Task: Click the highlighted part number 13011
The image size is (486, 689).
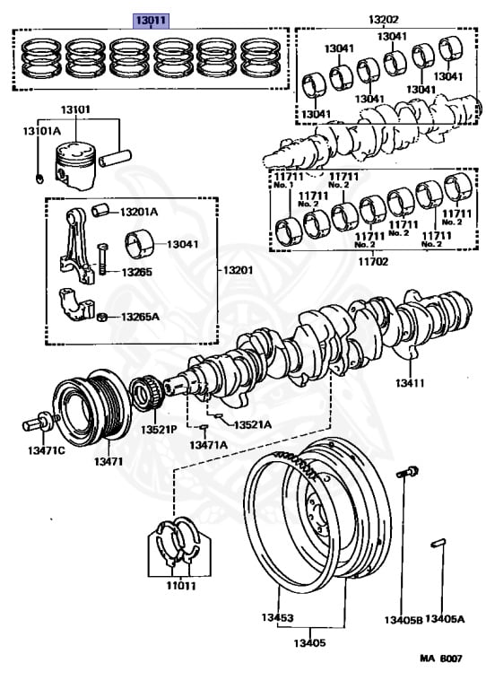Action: pyautogui.click(x=151, y=21)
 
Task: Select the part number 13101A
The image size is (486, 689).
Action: pyautogui.click(x=42, y=131)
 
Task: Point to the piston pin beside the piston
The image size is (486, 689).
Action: pyautogui.click(x=116, y=158)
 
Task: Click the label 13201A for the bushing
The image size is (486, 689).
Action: pyautogui.click(x=139, y=212)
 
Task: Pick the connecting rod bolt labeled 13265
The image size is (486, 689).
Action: pyautogui.click(x=102, y=258)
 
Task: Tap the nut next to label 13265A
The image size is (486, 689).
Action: pyautogui.click(x=102, y=317)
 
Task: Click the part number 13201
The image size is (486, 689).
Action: pyautogui.click(x=238, y=270)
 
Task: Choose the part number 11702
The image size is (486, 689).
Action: pyautogui.click(x=373, y=261)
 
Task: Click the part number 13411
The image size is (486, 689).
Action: pyautogui.click(x=410, y=383)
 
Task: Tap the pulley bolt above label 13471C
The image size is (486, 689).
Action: pyautogui.click(x=40, y=422)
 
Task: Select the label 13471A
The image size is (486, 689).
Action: pyautogui.click(x=209, y=445)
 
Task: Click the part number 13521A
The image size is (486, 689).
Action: pyautogui.click(x=253, y=424)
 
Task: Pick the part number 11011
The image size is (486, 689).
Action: pyautogui.click(x=181, y=585)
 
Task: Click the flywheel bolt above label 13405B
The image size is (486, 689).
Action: pyautogui.click(x=407, y=473)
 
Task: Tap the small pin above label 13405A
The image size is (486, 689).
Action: pyautogui.click(x=438, y=543)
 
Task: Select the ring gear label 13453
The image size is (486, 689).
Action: pyautogui.click(x=277, y=617)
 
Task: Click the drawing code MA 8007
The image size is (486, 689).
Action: pyautogui.click(x=441, y=658)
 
